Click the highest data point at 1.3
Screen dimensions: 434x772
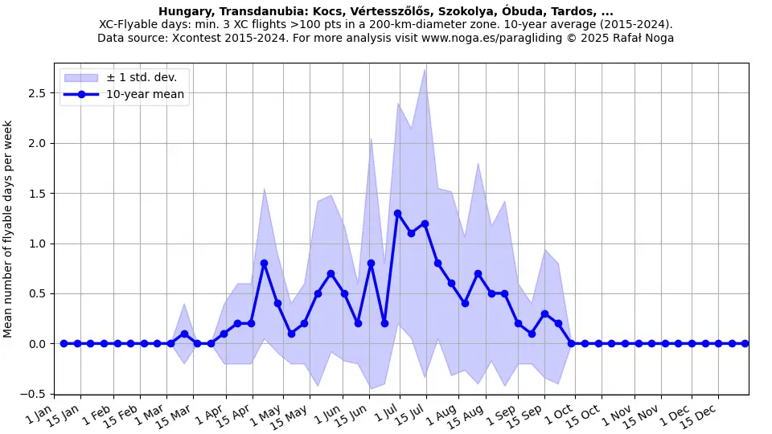tap(397, 213)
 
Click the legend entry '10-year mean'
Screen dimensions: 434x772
tap(146, 94)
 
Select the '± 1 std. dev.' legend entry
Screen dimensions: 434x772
tap(142, 77)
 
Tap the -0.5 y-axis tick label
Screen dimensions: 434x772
tap(35, 394)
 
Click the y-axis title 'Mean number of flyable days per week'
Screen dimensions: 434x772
tap(8, 229)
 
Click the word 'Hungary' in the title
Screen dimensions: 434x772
tap(183, 11)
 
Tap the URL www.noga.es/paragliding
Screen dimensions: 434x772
tap(490, 38)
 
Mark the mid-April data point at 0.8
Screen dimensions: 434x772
tap(264, 263)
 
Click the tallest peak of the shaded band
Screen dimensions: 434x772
tap(425, 69)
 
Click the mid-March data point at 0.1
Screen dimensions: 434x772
tap(184, 334)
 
